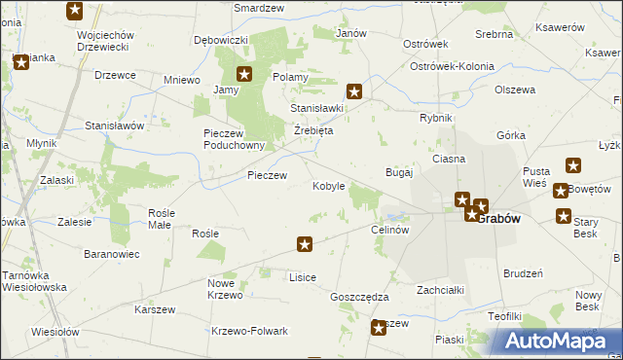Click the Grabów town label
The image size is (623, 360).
pyautogui.click(x=498, y=218)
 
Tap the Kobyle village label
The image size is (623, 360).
pyautogui.click(x=328, y=186)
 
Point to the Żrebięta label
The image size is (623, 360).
pyautogui.click(x=313, y=130)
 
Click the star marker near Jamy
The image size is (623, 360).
pyautogui.click(x=244, y=74)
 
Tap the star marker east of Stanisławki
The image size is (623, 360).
pyautogui.click(x=355, y=92)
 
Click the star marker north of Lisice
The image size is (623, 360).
pyautogui.click(x=305, y=245)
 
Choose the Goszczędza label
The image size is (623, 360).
pyautogui.click(x=359, y=297)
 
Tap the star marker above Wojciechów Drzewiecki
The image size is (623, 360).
pyautogui.click(x=75, y=12)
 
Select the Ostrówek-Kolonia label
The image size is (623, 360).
pyautogui.click(x=452, y=66)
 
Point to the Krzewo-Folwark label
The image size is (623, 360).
pyautogui.click(x=249, y=331)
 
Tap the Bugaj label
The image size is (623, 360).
pyautogui.click(x=400, y=172)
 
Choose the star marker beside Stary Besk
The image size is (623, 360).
pyautogui.click(x=563, y=216)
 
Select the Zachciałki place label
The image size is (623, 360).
pyautogui.click(x=440, y=290)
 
